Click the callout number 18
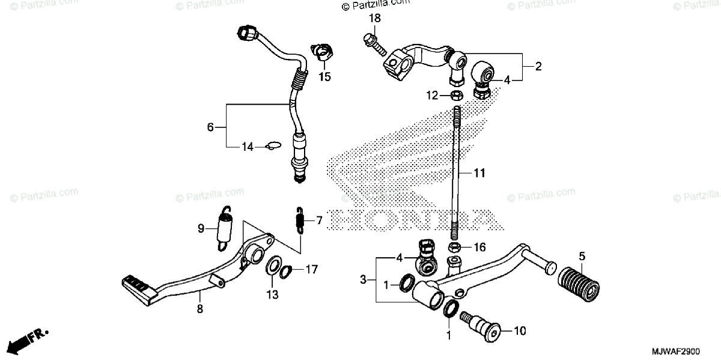[x=374, y=19]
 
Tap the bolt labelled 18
[x=373, y=44]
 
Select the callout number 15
[x=324, y=77]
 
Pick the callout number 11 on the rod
[x=479, y=173]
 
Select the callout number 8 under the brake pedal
[x=200, y=309]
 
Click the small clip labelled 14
[x=273, y=145]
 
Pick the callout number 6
[x=210, y=127]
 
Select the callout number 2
[x=538, y=67]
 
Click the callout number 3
[x=363, y=279]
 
